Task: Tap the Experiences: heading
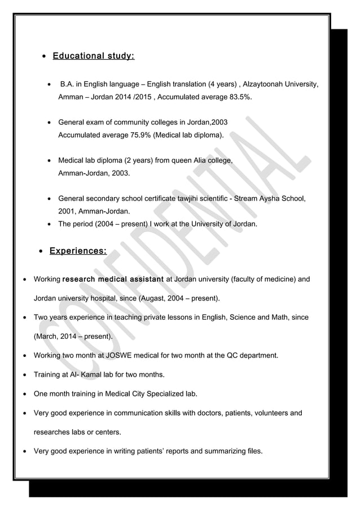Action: pyautogui.click(x=77, y=250)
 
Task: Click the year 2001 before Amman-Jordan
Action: pyautogui.click(x=67, y=212)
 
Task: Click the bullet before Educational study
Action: pyautogui.click(x=45, y=57)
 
